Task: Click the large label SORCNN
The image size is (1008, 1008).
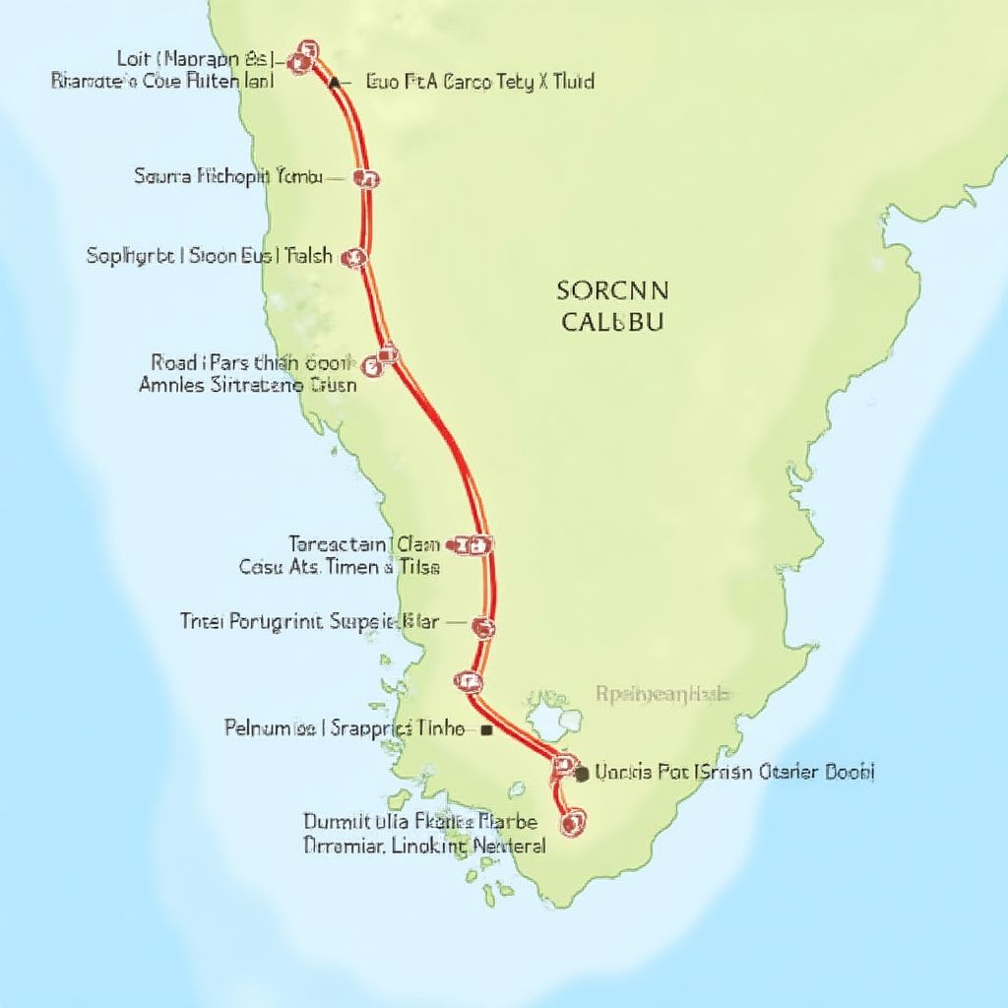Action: pos(612,290)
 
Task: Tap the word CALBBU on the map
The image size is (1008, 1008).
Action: pos(612,322)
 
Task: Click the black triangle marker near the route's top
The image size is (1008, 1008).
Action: pos(335,84)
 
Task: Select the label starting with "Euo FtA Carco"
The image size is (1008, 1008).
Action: pos(479,82)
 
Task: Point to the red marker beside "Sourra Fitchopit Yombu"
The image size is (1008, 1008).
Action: pos(370,178)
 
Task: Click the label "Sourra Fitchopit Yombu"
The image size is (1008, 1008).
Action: pos(227,177)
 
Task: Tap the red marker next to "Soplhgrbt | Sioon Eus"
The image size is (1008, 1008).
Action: pos(353,258)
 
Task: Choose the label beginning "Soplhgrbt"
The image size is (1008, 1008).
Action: pos(210,257)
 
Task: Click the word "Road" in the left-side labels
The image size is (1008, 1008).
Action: pos(174,362)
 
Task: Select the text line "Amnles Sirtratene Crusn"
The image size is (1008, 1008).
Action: pos(248,385)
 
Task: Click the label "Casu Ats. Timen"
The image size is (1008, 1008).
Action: pos(340,567)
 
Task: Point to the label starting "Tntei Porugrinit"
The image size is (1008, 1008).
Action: pos(308,621)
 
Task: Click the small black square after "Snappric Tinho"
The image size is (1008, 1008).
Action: pos(486,730)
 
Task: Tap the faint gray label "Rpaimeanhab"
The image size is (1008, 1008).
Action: pos(663,694)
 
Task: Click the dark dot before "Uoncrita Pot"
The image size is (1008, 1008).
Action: pos(582,774)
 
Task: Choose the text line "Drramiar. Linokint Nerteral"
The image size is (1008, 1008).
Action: pos(424,845)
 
